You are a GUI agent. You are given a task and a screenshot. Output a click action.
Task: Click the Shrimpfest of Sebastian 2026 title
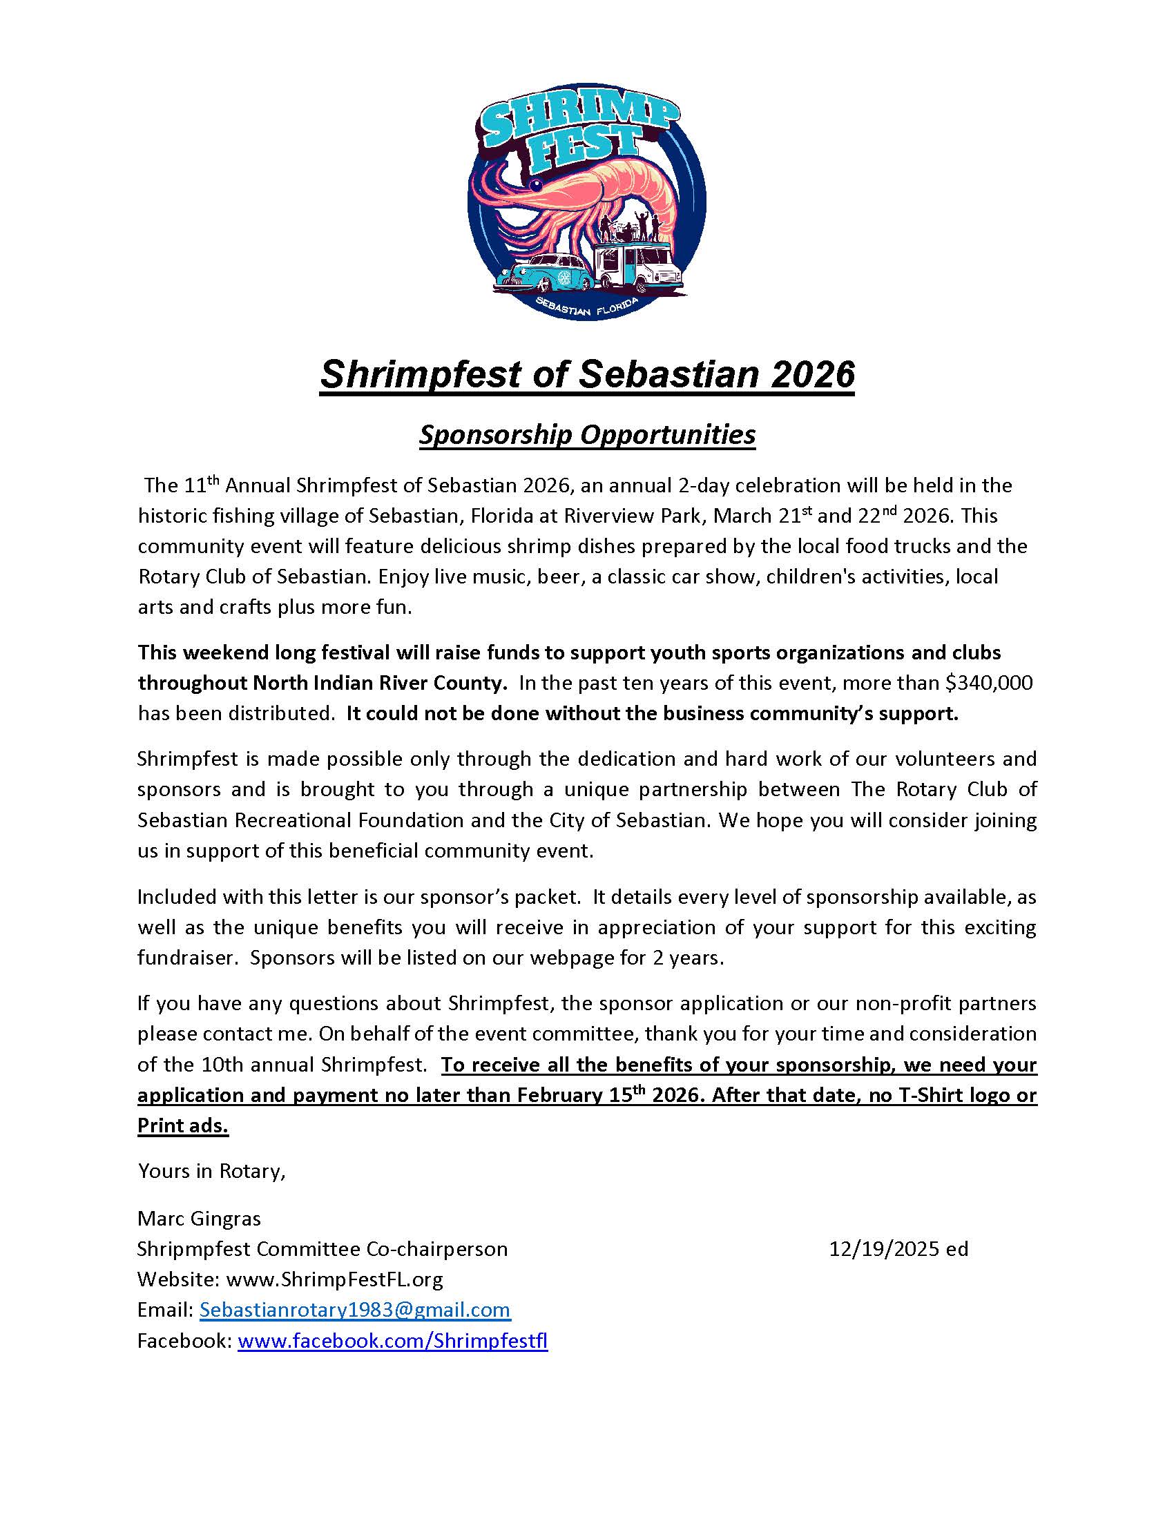(x=586, y=374)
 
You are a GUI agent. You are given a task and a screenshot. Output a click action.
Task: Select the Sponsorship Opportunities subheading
(x=586, y=435)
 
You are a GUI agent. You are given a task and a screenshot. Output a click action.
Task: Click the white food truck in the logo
(x=639, y=268)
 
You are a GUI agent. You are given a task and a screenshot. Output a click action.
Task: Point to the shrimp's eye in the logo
(x=535, y=184)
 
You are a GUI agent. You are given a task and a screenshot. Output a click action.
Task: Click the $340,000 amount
(x=989, y=683)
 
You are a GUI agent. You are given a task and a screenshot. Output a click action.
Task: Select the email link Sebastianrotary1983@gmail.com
(x=355, y=1310)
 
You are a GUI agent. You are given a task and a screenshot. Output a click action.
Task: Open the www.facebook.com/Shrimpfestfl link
(x=392, y=1340)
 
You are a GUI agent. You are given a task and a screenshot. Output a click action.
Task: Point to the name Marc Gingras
(x=199, y=1218)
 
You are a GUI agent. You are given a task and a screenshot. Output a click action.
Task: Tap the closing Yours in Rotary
(x=211, y=1171)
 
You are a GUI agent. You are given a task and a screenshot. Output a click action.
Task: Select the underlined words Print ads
(x=183, y=1125)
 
